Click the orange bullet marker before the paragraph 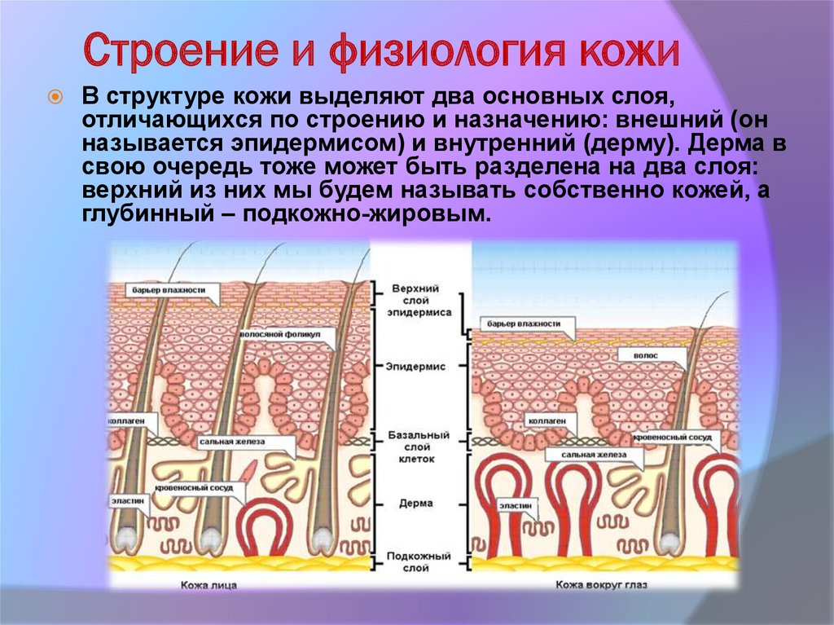click(x=55, y=96)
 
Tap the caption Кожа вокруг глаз click(x=597, y=583)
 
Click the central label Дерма click(x=415, y=504)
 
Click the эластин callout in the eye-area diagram click(x=517, y=505)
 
